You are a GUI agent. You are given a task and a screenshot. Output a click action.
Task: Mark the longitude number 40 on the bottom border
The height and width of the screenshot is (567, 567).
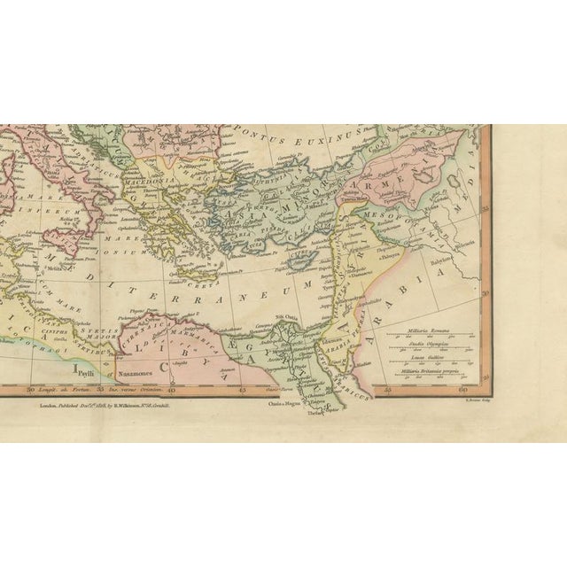tap(170, 388)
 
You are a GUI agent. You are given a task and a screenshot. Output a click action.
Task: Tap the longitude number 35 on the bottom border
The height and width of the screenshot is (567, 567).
tap(100, 388)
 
